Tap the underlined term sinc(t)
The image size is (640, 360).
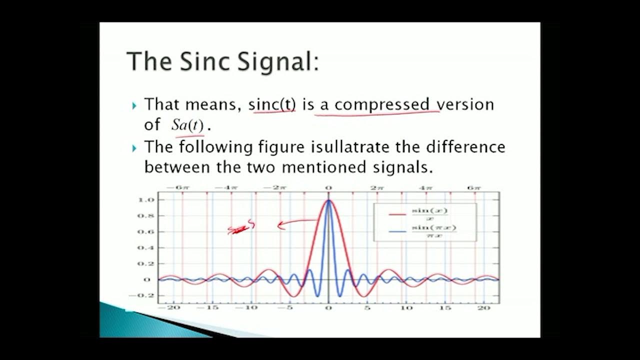pyautogui.click(x=272, y=104)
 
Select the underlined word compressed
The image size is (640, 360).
pyautogui.click(x=381, y=104)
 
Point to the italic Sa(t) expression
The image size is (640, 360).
pyautogui.click(x=187, y=125)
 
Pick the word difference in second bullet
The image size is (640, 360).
pyautogui.click(x=466, y=147)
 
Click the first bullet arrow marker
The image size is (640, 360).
pyautogui.click(x=134, y=105)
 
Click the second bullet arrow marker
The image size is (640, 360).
pyautogui.click(x=134, y=148)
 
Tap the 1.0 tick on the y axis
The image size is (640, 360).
pyautogui.click(x=143, y=200)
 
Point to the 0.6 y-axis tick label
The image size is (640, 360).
pyautogui.click(x=143, y=232)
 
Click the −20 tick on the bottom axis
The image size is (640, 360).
pyautogui.click(x=172, y=307)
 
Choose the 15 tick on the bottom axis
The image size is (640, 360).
pyautogui.click(x=444, y=307)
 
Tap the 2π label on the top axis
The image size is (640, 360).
pyautogui.click(x=376, y=187)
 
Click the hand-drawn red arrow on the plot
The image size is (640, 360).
pyautogui.click(x=297, y=223)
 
